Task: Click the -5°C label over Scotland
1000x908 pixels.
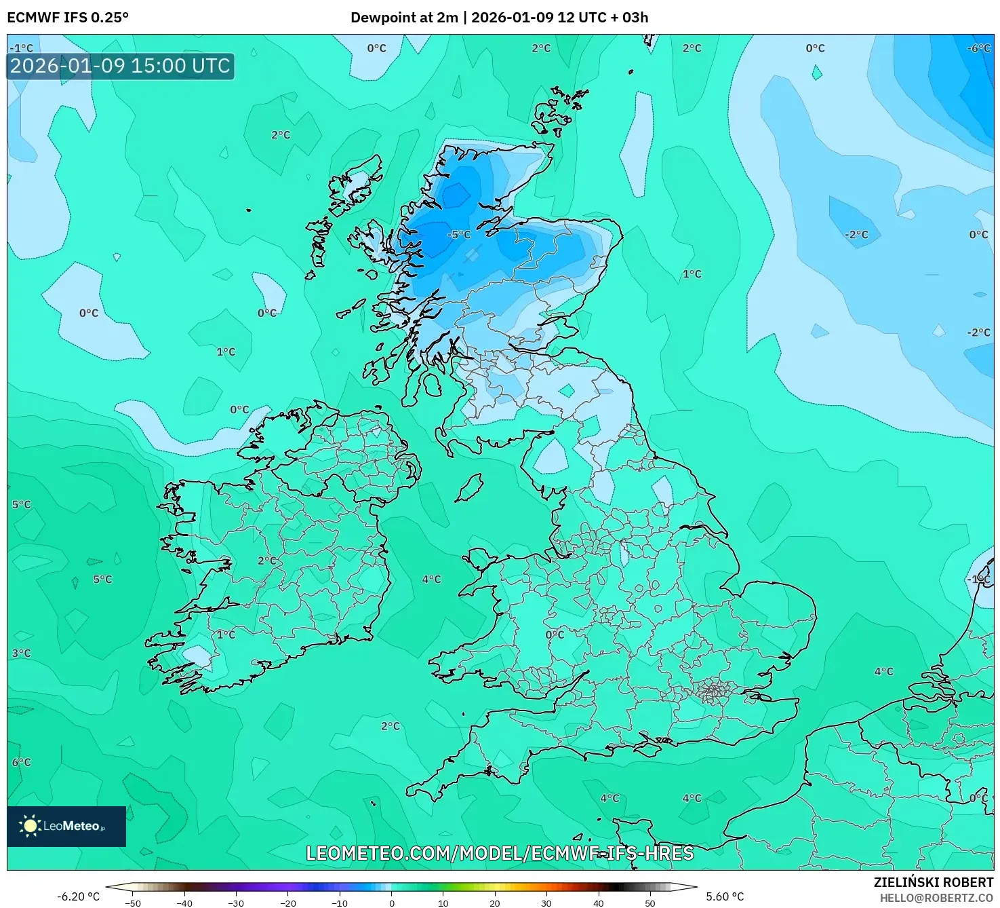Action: pyautogui.click(x=459, y=235)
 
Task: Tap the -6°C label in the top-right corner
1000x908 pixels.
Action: pyautogui.click(x=978, y=48)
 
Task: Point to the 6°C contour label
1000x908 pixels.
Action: pyautogui.click(x=21, y=762)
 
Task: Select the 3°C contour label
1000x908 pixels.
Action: pyautogui.click(x=21, y=653)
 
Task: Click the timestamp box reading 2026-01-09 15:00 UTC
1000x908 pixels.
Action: pyautogui.click(x=121, y=66)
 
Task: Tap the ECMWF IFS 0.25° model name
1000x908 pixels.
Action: pyautogui.click(x=68, y=18)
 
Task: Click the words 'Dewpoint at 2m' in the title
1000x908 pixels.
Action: pyautogui.click(x=404, y=18)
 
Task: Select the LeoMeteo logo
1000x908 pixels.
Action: pyautogui.click(x=66, y=826)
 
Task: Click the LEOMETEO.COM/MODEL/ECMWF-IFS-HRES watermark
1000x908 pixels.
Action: pyautogui.click(x=500, y=853)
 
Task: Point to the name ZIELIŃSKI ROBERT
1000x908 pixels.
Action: pyautogui.click(x=933, y=882)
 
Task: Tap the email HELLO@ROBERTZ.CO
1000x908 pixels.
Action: pyautogui.click(x=936, y=898)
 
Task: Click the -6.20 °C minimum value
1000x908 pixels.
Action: pyautogui.click(x=78, y=896)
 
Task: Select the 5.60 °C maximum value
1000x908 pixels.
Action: pyautogui.click(x=725, y=896)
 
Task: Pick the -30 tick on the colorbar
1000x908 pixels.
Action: pyautogui.click(x=236, y=903)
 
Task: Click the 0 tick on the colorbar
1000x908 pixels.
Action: pyautogui.click(x=392, y=903)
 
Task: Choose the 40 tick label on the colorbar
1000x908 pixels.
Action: pyautogui.click(x=598, y=903)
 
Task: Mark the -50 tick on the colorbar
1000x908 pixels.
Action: pyautogui.click(x=133, y=903)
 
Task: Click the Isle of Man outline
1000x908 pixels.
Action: pyautogui.click(x=469, y=487)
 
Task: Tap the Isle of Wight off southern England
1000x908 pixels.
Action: pyautogui.click(x=643, y=749)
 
